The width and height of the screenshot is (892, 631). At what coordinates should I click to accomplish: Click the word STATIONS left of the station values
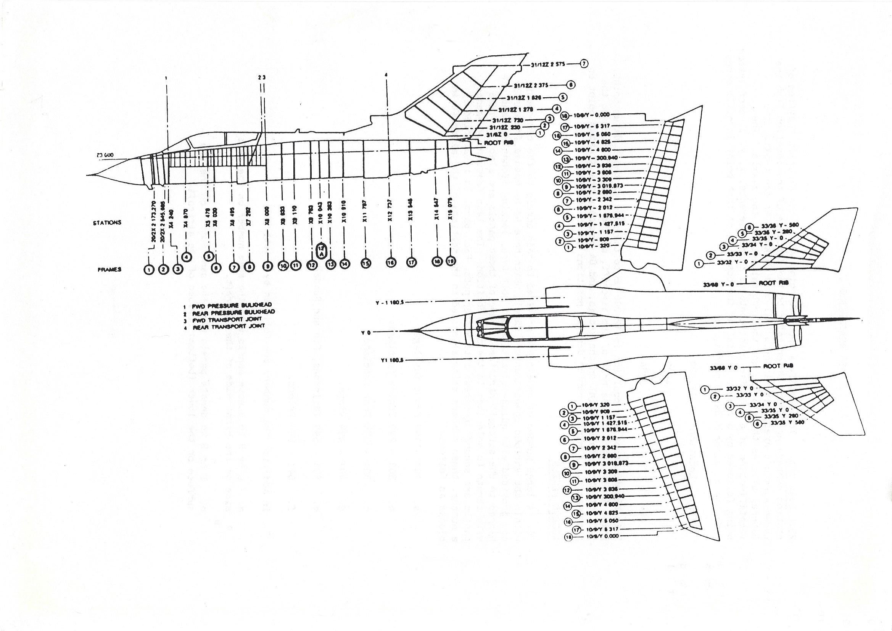tap(107, 223)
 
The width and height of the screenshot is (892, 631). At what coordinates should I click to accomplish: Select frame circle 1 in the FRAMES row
tap(149, 270)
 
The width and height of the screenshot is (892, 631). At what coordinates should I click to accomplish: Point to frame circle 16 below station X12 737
tap(390, 262)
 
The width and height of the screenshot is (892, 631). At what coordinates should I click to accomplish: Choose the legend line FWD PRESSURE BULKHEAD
tap(231, 305)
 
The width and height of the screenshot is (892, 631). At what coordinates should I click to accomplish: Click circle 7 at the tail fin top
tap(584, 64)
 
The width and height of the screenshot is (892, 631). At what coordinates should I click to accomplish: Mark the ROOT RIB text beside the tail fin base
tap(498, 143)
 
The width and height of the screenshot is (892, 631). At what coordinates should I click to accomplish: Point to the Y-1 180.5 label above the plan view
tap(390, 302)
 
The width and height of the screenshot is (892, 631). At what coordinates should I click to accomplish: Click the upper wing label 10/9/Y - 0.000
tap(592, 115)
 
